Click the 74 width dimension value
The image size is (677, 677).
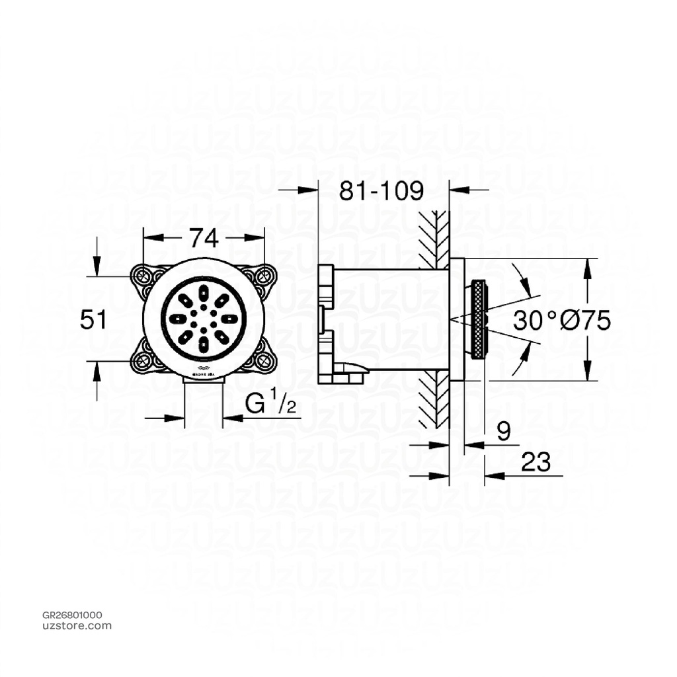(204, 237)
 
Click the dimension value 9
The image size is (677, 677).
(503, 432)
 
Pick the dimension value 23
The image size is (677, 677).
(535, 463)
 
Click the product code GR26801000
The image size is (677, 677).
(72, 615)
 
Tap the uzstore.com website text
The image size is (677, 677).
(77, 625)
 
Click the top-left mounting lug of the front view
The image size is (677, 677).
(143, 277)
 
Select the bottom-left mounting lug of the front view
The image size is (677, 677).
(143, 360)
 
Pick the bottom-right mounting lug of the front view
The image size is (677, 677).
(264, 360)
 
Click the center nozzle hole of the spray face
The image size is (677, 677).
(204, 319)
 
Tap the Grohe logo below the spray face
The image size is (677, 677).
(204, 372)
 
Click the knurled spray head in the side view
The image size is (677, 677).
(479, 320)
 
